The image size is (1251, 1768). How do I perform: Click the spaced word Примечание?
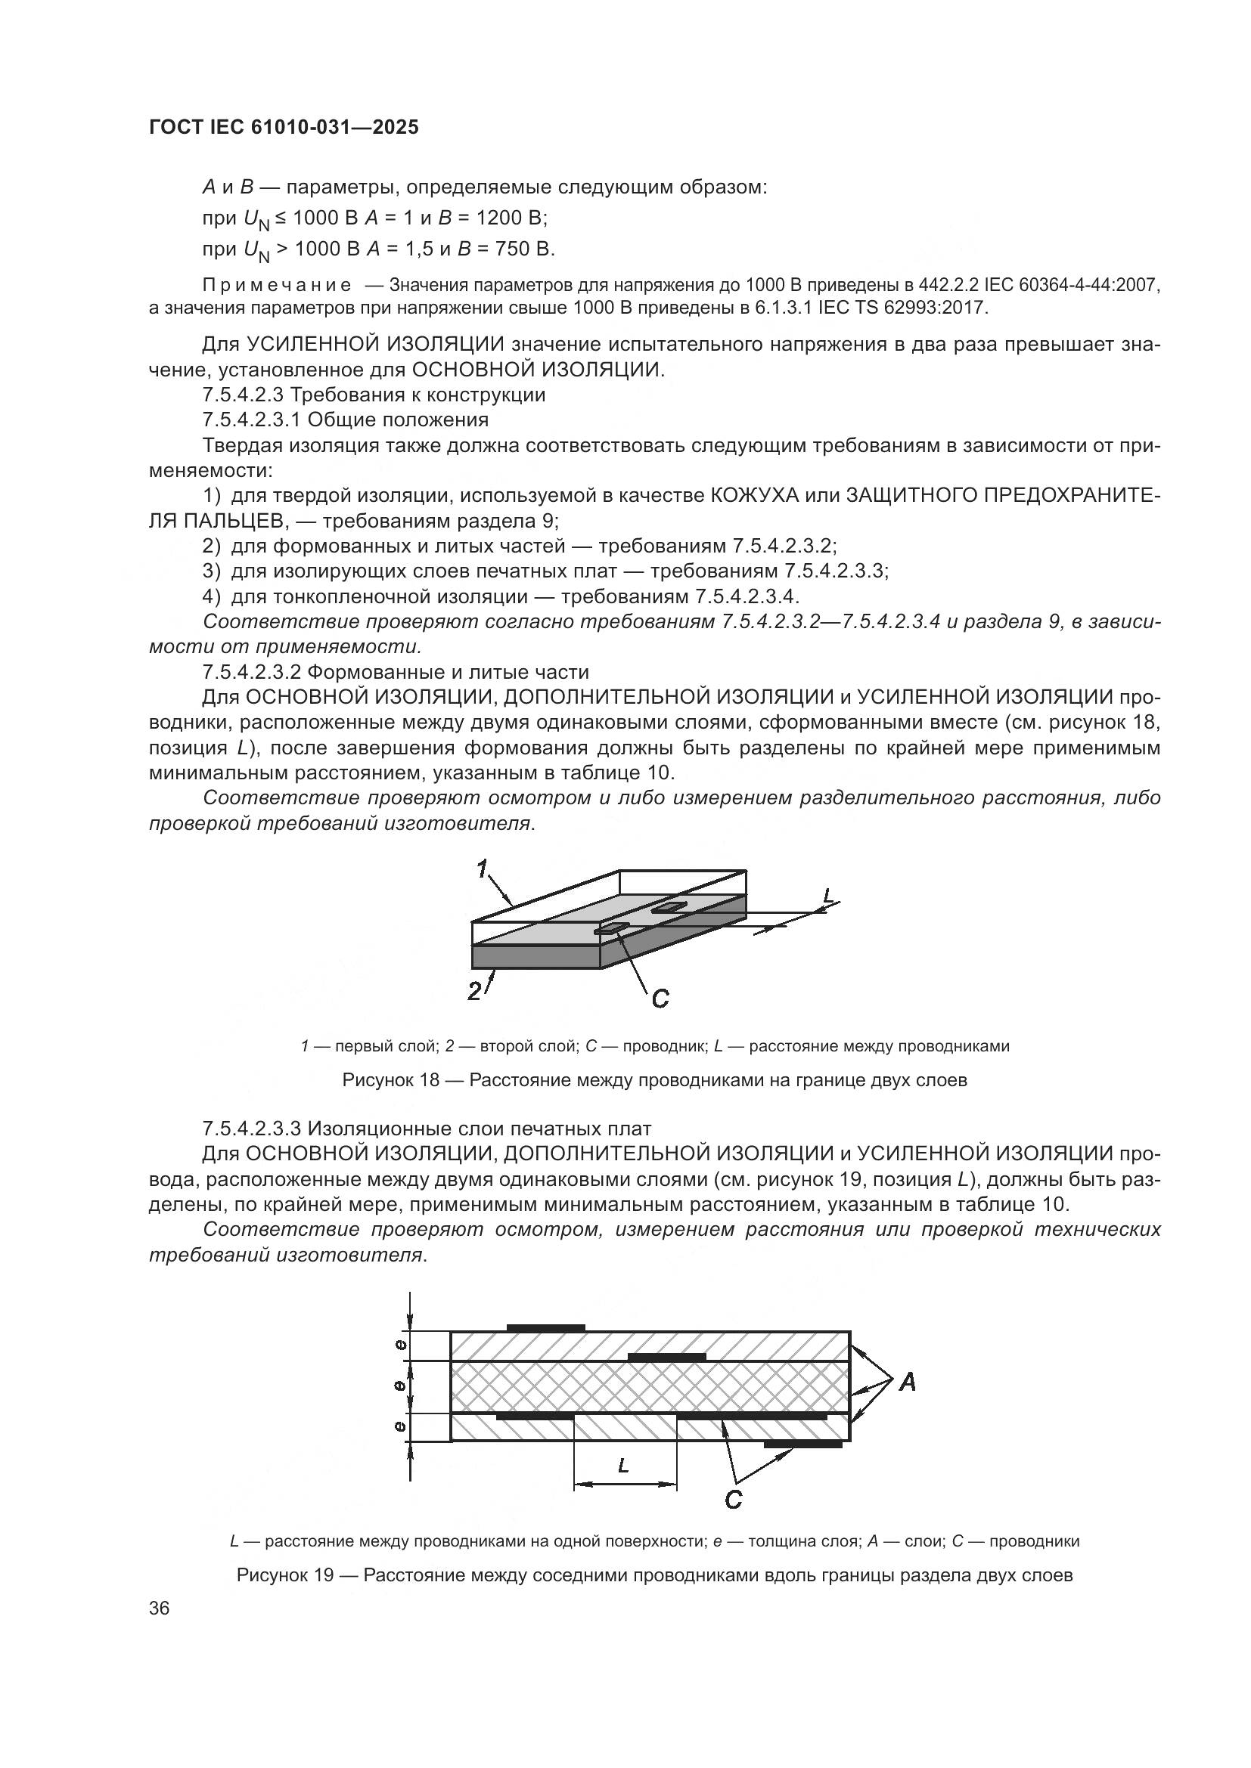tap(276, 285)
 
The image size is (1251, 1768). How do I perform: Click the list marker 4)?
tap(212, 597)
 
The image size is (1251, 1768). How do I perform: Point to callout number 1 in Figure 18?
tap(483, 869)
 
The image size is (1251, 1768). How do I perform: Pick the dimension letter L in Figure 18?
tap(828, 896)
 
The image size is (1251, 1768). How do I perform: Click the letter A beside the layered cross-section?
tap(908, 1384)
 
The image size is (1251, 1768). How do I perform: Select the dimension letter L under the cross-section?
tap(624, 1466)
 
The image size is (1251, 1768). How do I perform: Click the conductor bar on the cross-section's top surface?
tap(545, 1328)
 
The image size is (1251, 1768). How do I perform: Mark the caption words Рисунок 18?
tap(390, 1080)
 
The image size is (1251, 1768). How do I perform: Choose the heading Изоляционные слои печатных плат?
tap(479, 1129)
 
